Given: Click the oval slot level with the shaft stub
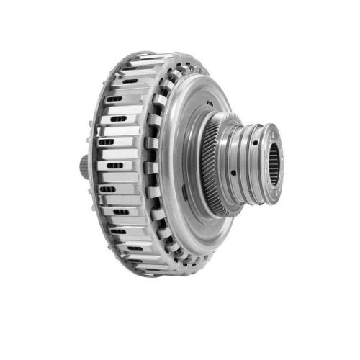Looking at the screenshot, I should click(x=115, y=166).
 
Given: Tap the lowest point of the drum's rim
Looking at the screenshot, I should click(x=155, y=276).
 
